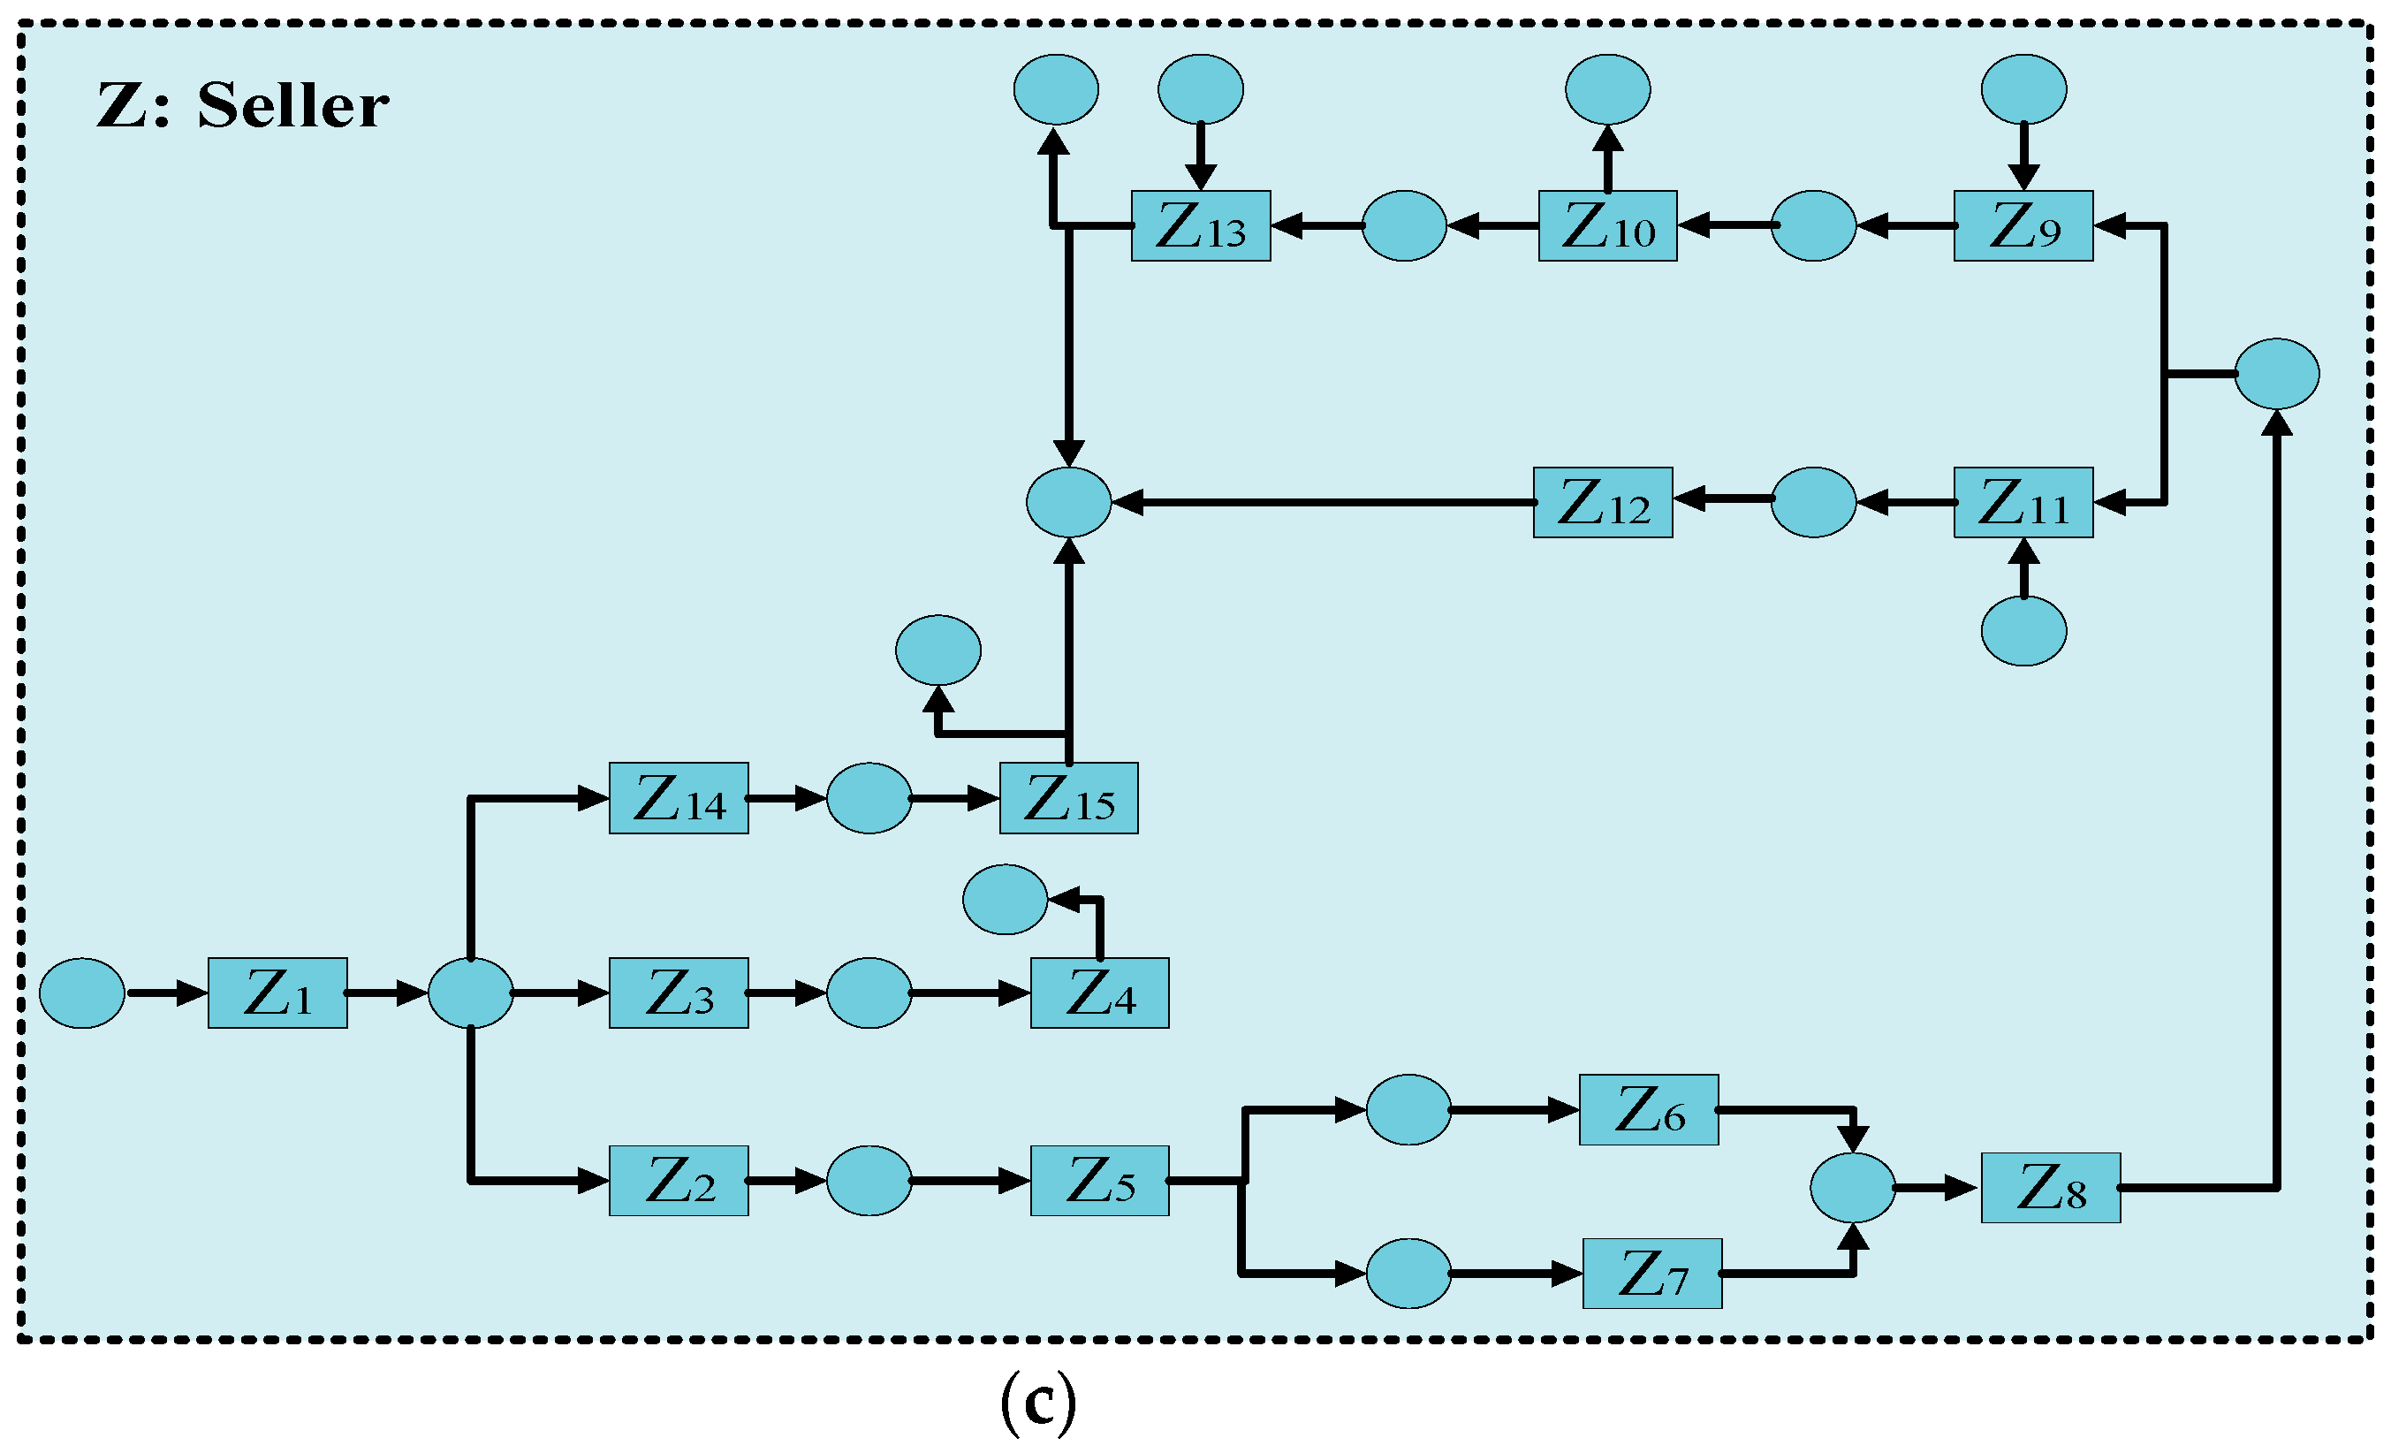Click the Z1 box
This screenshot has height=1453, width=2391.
click(x=277, y=993)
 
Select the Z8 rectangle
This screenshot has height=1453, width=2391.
click(x=2051, y=1188)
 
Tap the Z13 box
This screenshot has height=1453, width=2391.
click(x=1200, y=226)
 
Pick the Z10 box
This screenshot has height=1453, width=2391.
click(x=1607, y=226)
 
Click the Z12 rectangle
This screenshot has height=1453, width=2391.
click(x=1602, y=503)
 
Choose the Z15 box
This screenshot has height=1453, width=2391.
click(x=1068, y=799)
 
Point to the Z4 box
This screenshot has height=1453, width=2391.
click(x=1099, y=993)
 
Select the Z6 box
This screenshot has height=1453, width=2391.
click(x=1649, y=1109)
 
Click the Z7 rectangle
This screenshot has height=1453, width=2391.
click(x=1651, y=1274)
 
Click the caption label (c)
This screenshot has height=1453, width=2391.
click(x=1037, y=1403)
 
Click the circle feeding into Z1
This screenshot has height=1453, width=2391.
click(x=82, y=993)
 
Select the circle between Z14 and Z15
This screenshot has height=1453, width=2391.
click(x=869, y=799)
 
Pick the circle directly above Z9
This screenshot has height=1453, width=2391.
click(x=2023, y=89)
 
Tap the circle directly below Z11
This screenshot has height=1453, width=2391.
click(x=2023, y=631)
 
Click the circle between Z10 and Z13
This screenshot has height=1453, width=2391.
click(x=1404, y=226)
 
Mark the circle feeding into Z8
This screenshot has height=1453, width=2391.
click(x=1852, y=1188)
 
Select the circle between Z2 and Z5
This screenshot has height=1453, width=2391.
click(x=869, y=1182)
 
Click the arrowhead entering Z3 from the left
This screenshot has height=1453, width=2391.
click(x=593, y=993)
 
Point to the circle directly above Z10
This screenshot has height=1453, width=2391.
click(x=1607, y=89)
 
